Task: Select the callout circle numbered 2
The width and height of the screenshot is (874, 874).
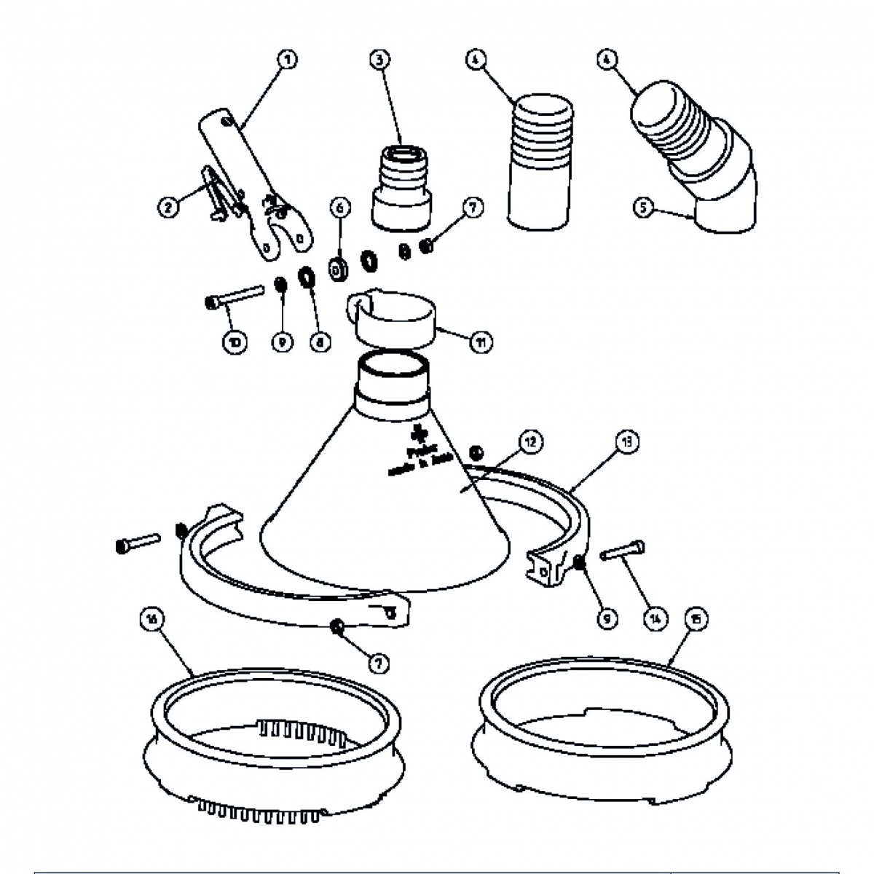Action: click(x=168, y=208)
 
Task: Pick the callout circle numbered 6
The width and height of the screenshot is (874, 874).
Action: click(x=339, y=208)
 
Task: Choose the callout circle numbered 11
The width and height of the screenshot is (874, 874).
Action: click(x=481, y=341)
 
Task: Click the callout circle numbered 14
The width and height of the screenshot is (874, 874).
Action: click(x=655, y=618)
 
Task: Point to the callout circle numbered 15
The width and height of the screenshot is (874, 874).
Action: click(x=696, y=618)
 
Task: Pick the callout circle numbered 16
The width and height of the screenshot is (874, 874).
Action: click(x=152, y=618)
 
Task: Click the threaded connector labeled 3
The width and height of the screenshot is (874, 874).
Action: click(x=401, y=186)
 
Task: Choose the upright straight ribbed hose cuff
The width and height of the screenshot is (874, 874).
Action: click(x=540, y=160)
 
